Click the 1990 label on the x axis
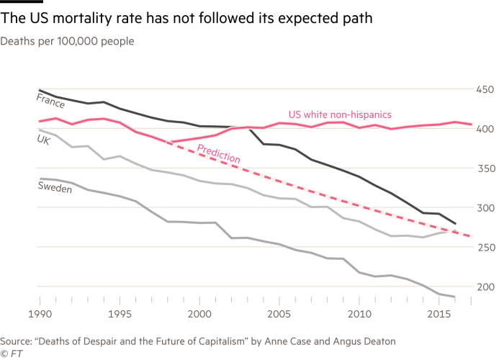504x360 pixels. [x=40, y=315]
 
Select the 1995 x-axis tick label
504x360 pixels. [x=120, y=315]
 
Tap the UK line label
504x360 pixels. [x=43, y=140]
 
